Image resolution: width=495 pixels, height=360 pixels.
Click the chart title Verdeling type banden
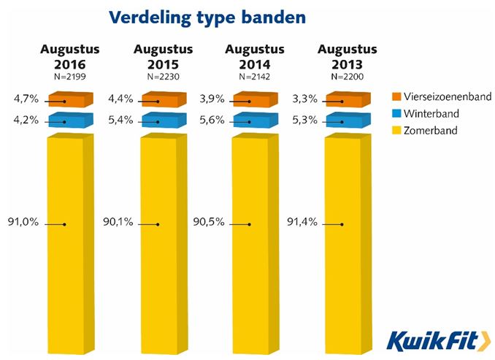click(206, 17)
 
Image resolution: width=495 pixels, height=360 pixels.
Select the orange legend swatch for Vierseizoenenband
click(397, 96)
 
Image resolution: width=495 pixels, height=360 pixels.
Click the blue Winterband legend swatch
click(397, 114)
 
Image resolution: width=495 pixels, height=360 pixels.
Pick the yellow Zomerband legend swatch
click(397, 131)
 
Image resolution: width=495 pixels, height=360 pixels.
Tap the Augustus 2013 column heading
click(347, 57)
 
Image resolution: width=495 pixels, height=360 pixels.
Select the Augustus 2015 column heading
click(163, 57)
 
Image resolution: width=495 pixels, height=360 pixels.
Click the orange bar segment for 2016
click(71, 101)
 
